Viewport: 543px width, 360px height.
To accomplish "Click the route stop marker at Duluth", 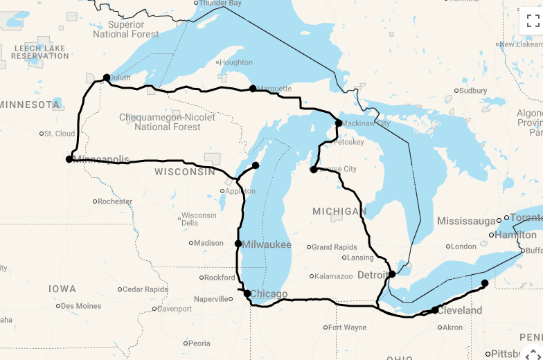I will point(107,78).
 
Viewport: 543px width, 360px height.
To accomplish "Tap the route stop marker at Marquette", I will point(253,89).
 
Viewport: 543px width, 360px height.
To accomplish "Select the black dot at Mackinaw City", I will point(339,123).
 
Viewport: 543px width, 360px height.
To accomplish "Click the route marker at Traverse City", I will point(314,169).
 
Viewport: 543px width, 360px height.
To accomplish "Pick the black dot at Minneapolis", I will point(69,159).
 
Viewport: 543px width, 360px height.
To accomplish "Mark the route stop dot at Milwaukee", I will point(238,244).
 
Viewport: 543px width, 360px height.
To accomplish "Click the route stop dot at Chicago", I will point(247,294).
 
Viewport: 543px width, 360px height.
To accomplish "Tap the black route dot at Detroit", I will point(392,274).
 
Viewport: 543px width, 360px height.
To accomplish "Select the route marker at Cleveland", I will point(435,310).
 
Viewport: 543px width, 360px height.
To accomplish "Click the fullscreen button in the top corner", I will point(532,21).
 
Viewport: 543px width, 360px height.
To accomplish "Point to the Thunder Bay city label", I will point(220,3).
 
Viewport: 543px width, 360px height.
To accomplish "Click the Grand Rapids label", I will point(335,247).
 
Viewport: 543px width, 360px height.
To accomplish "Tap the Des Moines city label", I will point(80,306).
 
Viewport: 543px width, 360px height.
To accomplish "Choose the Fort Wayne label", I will point(347,327).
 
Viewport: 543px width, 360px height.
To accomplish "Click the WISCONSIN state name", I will point(185,172).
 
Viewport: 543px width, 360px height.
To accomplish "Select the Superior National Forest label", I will point(126,29).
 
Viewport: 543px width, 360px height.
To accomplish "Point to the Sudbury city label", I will point(473,91).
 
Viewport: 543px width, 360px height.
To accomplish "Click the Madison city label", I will point(208,243).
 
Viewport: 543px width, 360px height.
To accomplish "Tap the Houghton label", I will point(236,62).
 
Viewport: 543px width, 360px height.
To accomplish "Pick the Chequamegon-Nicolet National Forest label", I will point(168,122).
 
